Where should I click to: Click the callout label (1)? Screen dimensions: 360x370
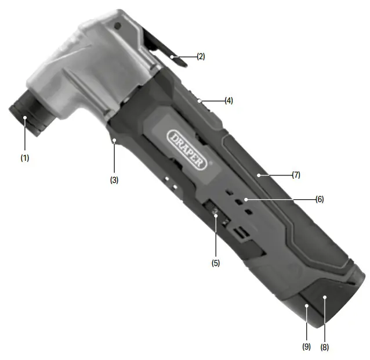[x=24, y=157]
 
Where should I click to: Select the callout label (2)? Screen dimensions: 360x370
[x=201, y=56]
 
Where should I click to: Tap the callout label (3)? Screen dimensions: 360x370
[x=114, y=180]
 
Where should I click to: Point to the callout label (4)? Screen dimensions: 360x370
[x=228, y=100]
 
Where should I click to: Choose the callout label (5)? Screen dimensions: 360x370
[x=216, y=262]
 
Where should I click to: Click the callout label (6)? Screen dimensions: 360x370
[x=320, y=199]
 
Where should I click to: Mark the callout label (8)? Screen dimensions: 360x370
[x=325, y=347]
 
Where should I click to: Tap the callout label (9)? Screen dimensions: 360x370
[x=306, y=347]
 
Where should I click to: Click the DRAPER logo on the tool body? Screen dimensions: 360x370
[x=187, y=149]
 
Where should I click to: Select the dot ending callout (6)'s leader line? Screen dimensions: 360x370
[x=246, y=199]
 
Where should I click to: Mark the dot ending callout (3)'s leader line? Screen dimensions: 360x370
[x=114, y=141]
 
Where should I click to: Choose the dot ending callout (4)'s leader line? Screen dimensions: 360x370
[x=199, y=100]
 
